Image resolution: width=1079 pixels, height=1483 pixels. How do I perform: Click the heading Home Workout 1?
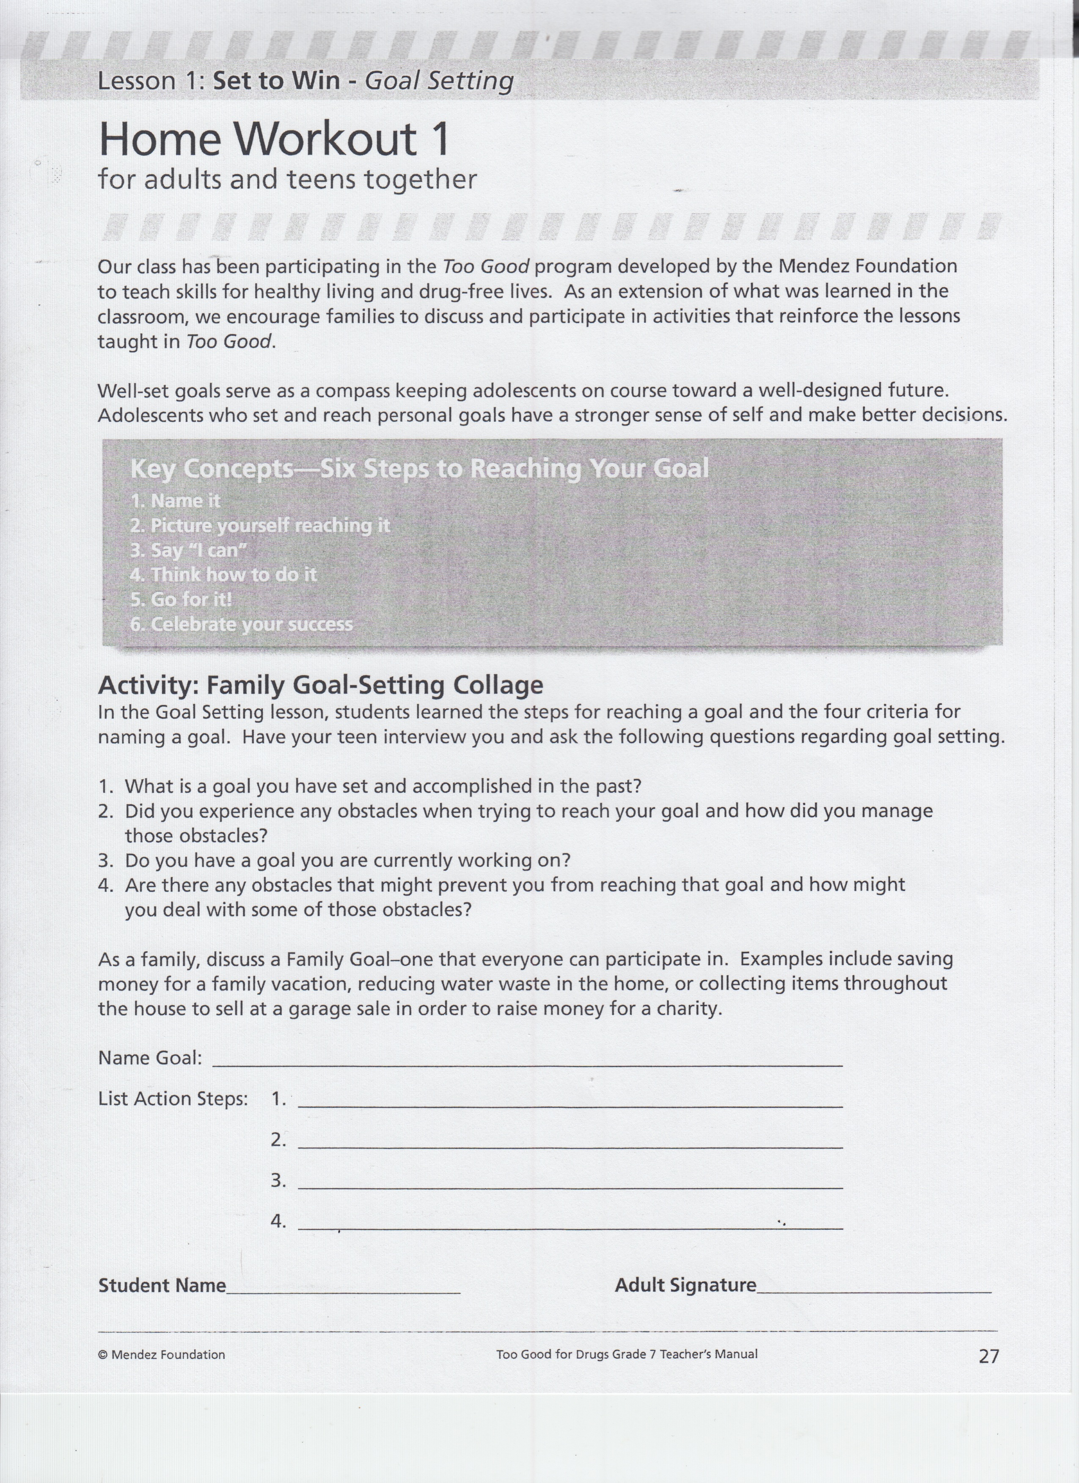pos(275,138)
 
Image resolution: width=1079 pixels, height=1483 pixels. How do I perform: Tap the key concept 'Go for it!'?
pos(182,600)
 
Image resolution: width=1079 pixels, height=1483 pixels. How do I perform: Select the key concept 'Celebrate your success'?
pos(242,625)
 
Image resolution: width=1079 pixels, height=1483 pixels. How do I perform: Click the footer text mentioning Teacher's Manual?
pos(627,1354)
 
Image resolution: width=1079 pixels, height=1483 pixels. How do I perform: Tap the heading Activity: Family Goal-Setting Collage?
pos(320,685)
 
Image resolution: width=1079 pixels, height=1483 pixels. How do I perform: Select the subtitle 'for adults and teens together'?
pos(288,179)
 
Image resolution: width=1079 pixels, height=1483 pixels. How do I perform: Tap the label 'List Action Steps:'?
pos(173,1098)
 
